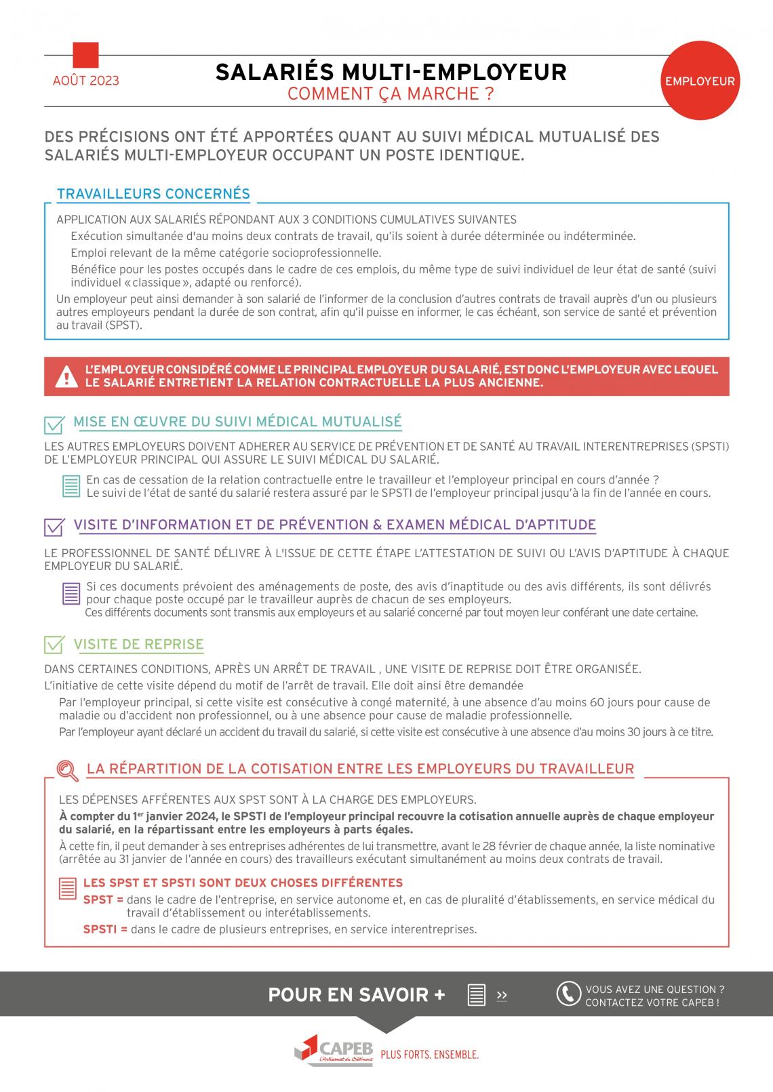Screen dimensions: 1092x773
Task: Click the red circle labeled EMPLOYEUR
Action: point(700,81)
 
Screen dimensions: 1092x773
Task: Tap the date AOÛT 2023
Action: point(85,81)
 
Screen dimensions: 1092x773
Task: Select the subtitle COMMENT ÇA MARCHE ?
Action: point(391,94)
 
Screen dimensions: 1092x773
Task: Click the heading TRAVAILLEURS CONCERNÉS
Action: point(153,194)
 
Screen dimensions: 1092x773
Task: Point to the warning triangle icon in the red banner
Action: point(66,376)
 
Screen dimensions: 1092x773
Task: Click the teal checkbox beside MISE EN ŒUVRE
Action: point(54,424)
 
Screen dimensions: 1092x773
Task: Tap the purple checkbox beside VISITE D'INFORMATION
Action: point(54,527)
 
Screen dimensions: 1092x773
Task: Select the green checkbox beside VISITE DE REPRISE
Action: point(54,645)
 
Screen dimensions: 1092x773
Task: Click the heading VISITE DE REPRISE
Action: point(138,644)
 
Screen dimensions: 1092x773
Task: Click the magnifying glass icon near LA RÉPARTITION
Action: point(67,770)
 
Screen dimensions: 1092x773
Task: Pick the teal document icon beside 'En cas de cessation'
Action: point(71,486)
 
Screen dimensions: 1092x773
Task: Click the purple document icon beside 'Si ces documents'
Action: point(71,594)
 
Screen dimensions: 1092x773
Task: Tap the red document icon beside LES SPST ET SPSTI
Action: point(68,888)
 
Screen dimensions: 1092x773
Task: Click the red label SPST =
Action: point(103,900)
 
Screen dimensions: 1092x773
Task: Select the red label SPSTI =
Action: point(105,929)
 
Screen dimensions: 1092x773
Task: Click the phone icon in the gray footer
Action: point(568,994)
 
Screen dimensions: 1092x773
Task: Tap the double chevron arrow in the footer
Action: point(502,995)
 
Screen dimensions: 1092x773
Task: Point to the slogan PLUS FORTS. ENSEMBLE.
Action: point(430,1055)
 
